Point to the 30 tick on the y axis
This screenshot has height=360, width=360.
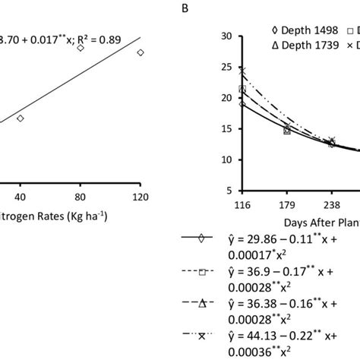(226, 36)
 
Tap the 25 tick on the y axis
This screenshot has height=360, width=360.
(226, 67)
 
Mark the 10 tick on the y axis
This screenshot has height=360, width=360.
(226, 160)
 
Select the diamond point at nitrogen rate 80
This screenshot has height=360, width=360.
(81, 48)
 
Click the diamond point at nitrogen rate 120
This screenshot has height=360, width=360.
(141, 52)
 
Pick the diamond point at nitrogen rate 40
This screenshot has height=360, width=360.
(21, 118)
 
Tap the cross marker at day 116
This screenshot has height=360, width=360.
(242, 71)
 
